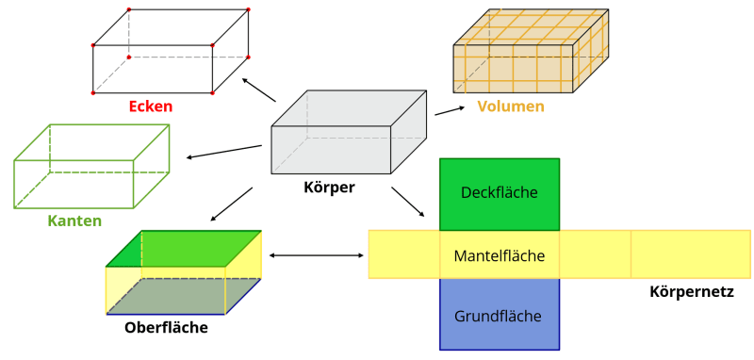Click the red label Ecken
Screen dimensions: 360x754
[x=150, y=106]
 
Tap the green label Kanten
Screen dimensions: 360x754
[x=74, y=221]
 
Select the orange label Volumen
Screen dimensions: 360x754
[x=511, y=106]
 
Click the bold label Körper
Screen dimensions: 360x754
[x=329, y=188]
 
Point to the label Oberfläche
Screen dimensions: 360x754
[x=166, y=328]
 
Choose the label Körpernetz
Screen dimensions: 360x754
[x=692, y=292]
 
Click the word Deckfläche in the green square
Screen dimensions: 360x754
[x=499, y=192]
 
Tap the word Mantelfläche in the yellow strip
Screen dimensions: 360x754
[x=499, y=255]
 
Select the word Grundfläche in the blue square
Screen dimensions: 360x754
[x=499, y=316]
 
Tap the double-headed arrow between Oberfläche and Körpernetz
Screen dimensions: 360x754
[x=316, y=254]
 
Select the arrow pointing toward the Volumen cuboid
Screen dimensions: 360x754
[x=450, y=110]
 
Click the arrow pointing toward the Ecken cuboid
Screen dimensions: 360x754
[x=258, y=90]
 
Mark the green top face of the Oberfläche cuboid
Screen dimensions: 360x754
[x=184, y=249]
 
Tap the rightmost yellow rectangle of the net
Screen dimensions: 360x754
[x=690, y=254]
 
